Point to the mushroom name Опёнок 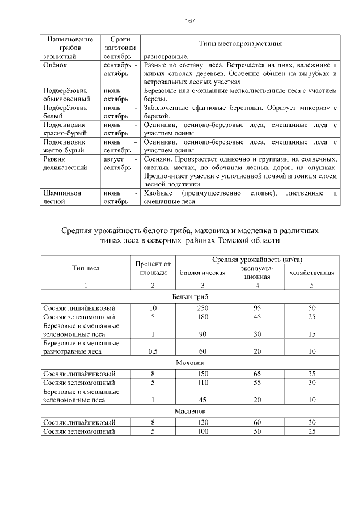point(54,66)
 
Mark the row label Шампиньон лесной point(62,197)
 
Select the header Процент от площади point(153,268)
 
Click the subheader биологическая point(202,273)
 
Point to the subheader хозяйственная point(311,273)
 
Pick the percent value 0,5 point(153,351)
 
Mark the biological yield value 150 point(202,374)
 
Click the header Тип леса point(86,268)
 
